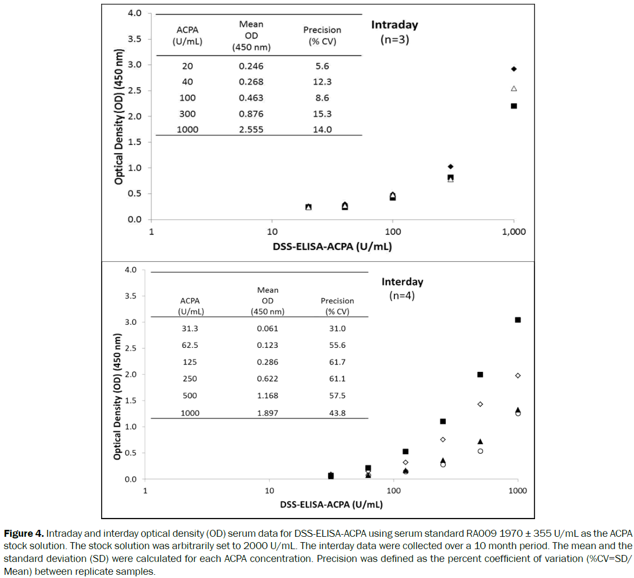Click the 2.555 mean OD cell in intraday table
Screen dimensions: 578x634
251,130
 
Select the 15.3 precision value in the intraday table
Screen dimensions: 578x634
322,114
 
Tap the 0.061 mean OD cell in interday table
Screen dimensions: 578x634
268,329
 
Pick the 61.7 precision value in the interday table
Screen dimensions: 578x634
337,362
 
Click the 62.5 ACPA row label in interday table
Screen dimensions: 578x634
189,345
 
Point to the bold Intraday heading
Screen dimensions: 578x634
394,25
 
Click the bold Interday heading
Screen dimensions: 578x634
402,282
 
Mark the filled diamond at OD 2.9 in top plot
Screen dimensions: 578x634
514,69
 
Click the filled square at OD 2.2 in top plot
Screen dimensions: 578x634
514,106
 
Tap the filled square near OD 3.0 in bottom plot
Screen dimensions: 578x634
517,320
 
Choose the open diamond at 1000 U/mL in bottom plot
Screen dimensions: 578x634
517,376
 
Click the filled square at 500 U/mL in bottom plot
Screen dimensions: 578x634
480,375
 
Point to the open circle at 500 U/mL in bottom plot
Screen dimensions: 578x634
480,451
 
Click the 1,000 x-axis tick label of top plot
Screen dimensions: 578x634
514,232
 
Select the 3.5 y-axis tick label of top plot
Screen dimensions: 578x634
134,39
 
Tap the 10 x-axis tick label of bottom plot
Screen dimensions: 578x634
269,491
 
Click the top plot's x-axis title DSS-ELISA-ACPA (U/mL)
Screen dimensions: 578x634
332,247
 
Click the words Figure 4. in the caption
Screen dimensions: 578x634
24,534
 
